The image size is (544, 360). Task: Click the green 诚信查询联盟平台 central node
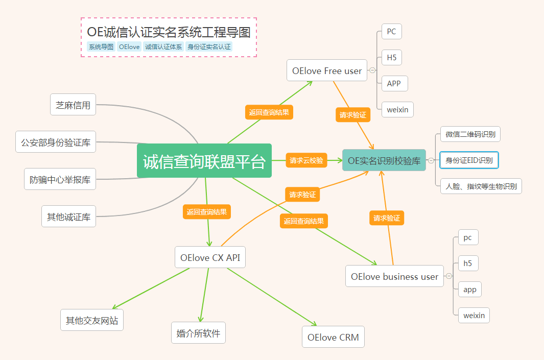point(204,160)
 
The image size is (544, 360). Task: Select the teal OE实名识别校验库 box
point(384,160)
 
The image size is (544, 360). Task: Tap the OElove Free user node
point(327,70)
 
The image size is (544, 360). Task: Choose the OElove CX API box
point(210,257)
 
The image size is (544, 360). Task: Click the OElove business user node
point(394,276)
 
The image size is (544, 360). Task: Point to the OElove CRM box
point(333,337)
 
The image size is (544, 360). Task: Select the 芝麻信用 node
point(73,104)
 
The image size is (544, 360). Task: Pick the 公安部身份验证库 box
point(56,142)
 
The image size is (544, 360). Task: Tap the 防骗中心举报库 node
point(60,179)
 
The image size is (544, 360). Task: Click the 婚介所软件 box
point(199,332)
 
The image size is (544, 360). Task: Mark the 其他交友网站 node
point(92,320)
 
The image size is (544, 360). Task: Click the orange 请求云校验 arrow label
point(306,160)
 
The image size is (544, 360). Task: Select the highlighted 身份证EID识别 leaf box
point(469,160)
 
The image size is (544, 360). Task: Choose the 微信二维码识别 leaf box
point(470,134)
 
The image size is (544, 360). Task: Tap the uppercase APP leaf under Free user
point(395,84)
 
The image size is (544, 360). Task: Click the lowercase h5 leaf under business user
point(468,263)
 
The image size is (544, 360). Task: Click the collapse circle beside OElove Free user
point(372,70)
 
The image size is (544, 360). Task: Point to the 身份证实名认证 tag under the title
point(209,47)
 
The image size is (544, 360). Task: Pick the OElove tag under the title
point(129,47)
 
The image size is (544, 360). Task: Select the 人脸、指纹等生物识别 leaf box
point(481,186)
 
